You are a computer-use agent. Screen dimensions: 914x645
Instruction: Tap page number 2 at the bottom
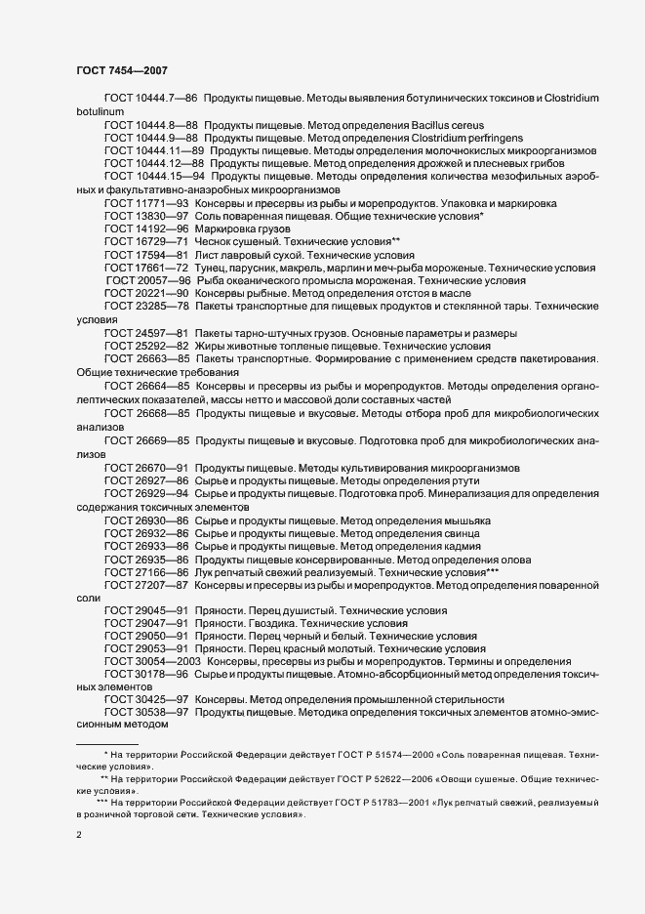point(79,837)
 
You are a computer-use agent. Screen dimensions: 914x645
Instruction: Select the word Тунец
point(210,267)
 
